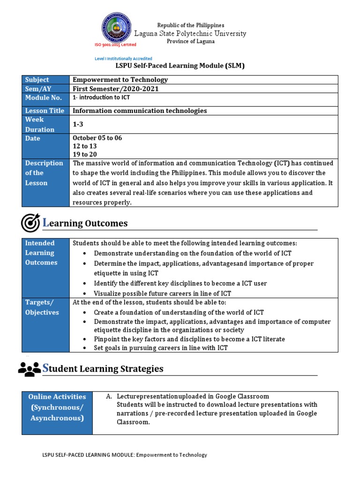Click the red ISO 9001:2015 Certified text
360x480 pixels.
coord(115,45)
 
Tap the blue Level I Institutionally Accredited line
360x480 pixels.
coord(123,59)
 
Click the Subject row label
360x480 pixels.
coord(37,80)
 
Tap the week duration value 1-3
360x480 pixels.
coord(78,124)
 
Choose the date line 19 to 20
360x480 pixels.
coord(85,154)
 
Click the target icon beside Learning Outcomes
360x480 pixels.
coord(30,223)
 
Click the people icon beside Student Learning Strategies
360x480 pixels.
coord(29,369)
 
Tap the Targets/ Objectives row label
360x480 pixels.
coord(42,307)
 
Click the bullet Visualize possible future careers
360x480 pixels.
coord(162,293)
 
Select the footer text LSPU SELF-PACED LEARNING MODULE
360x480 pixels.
coord(125,455)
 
